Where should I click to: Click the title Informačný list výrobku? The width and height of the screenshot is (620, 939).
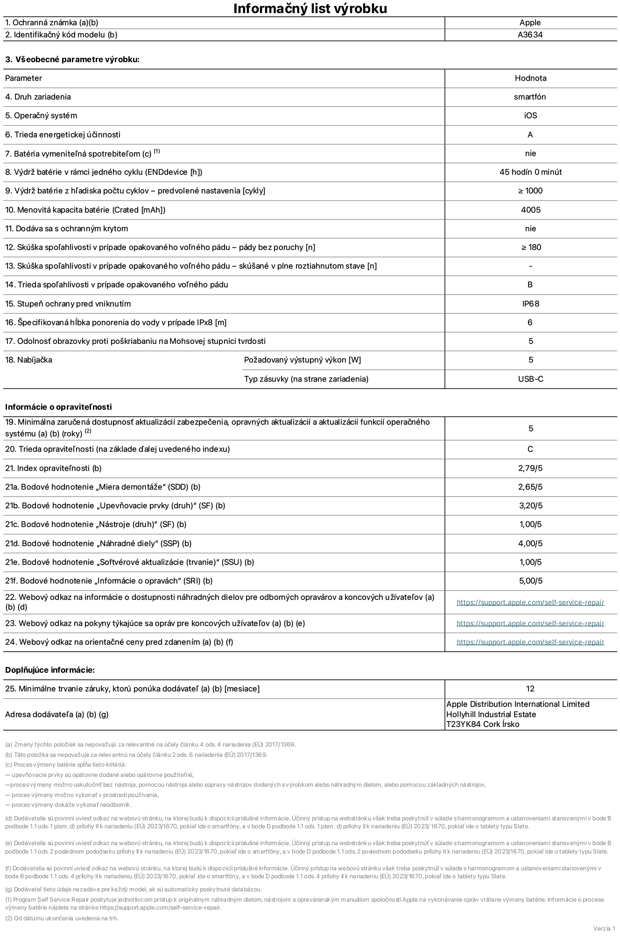(x=310, y=8)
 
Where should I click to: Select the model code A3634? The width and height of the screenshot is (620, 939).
(x=530, y=35)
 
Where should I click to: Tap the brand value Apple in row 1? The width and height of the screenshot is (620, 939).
(x=530, y=22)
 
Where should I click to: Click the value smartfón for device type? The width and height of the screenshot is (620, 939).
(x=530, y=97)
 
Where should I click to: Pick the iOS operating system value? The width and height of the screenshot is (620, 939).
(x=530, y=115)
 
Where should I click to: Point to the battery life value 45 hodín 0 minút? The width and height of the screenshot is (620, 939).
(x=530, y=172)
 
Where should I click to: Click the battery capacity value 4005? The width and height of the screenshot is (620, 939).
(x=530, y=210)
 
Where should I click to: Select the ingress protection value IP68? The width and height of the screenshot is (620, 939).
(x=530, y=304)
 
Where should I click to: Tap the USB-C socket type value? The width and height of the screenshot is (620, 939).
(x=530, y=379)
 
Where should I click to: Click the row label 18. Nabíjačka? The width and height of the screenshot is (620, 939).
(x=28, y=360)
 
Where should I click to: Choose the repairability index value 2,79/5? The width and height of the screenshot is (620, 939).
(x=530, y=468)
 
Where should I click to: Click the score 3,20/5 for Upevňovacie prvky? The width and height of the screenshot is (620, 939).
(x=530, y=505)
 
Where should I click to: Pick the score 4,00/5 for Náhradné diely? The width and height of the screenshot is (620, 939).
(x=530, y=543)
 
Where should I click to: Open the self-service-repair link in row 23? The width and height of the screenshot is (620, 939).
(x=530, y=623)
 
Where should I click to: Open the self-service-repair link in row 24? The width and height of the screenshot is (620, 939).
(x=530, y=642)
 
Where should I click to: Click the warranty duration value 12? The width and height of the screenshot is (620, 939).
(x=530, y=689)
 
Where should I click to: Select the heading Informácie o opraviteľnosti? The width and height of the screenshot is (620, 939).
(x=58, y=407)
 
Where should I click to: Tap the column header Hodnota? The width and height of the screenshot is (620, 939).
(x=530, y=78)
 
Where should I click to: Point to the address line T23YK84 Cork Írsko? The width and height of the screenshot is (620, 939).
(x=483, y=724)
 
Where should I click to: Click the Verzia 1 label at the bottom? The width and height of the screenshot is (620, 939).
(x=604, y=928)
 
